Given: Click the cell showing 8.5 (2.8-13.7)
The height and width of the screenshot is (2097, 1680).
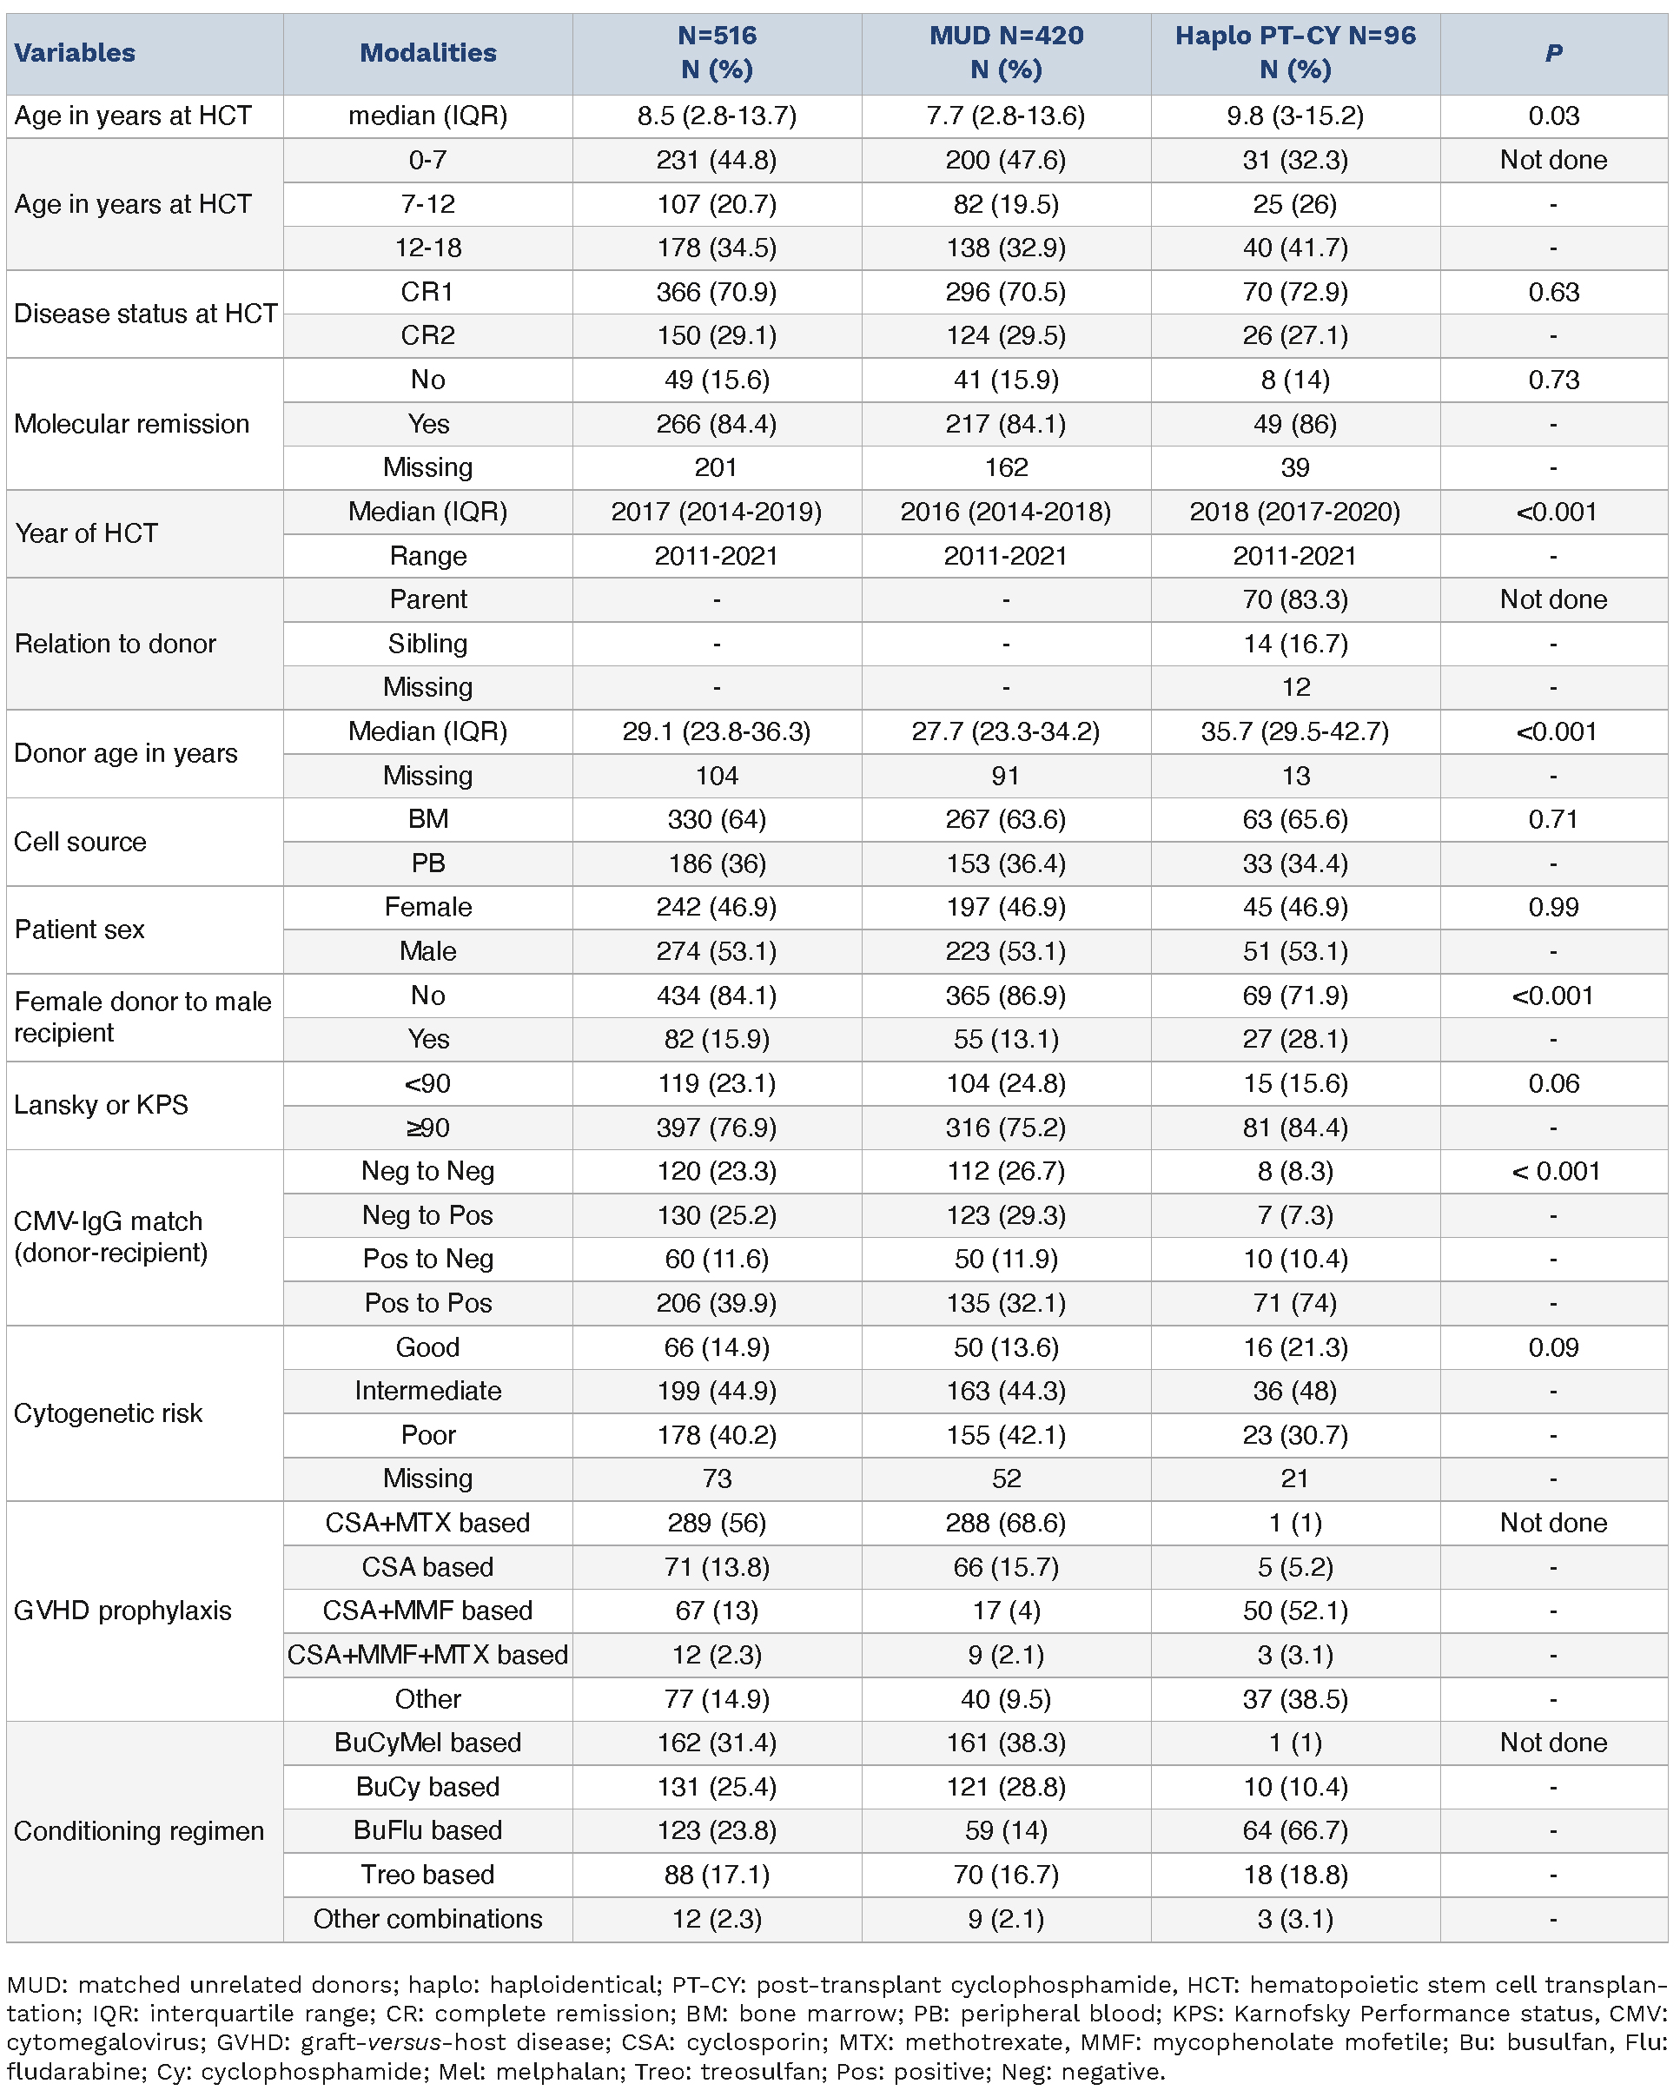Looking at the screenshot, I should (x=717, y=116).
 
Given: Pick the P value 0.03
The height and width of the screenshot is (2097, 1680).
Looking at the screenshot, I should (x=1552, y=116).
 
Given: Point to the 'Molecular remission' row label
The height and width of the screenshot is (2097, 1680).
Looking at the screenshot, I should (x=131, y=423).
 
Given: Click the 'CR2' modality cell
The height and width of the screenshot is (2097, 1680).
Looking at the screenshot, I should (x=427, y=335).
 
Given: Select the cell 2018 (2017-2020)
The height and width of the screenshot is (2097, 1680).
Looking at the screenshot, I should (x=1295, y=512).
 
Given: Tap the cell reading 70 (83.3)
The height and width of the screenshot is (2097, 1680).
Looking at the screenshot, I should (x=1295, y=599).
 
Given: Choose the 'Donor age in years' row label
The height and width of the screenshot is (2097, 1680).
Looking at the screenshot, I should (x=125, y=753).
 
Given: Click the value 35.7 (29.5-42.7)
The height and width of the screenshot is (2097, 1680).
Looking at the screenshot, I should (x=1295, y=731).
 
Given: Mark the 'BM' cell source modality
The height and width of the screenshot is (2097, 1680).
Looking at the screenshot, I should (x=427, y=819).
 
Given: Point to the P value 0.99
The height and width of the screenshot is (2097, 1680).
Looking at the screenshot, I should (x=1552, y=907).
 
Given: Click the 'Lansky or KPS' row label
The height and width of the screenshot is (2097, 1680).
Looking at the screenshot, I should (x=101, y=1105).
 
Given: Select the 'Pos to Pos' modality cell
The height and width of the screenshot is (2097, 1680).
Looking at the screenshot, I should (x=427, y=1302).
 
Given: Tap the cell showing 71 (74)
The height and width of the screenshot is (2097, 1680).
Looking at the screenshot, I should (x=1295, y=1302).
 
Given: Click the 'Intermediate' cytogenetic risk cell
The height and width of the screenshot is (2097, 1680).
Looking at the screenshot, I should (x=427, y=1391).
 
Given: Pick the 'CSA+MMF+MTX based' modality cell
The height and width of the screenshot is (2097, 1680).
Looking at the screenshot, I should (x=427, y=1655).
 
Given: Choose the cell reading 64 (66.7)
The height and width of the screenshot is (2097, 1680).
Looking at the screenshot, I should (x=1295, y=1830).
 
